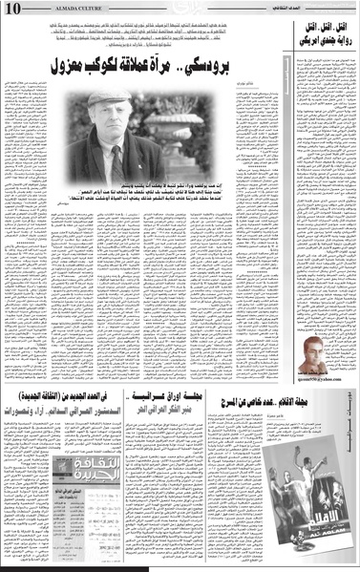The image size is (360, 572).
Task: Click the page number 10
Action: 12,9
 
